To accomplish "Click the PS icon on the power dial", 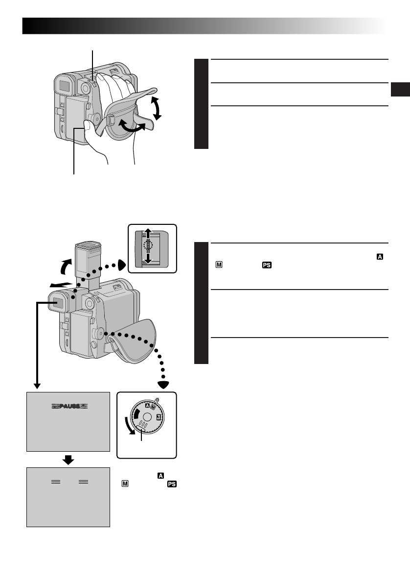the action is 159,417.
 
